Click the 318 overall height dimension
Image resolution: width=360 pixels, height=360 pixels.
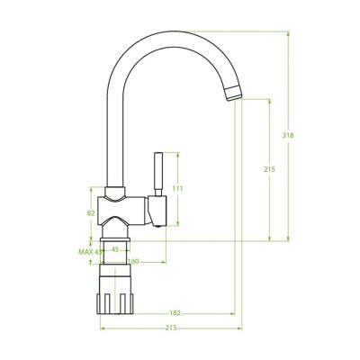288,135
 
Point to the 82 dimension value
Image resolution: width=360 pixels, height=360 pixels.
91,212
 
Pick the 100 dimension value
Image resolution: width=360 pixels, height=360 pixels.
133,261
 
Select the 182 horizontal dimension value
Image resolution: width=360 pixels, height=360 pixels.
175,312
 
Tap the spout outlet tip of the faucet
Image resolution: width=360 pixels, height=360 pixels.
234,90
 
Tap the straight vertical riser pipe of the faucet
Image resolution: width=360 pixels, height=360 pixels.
113,135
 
